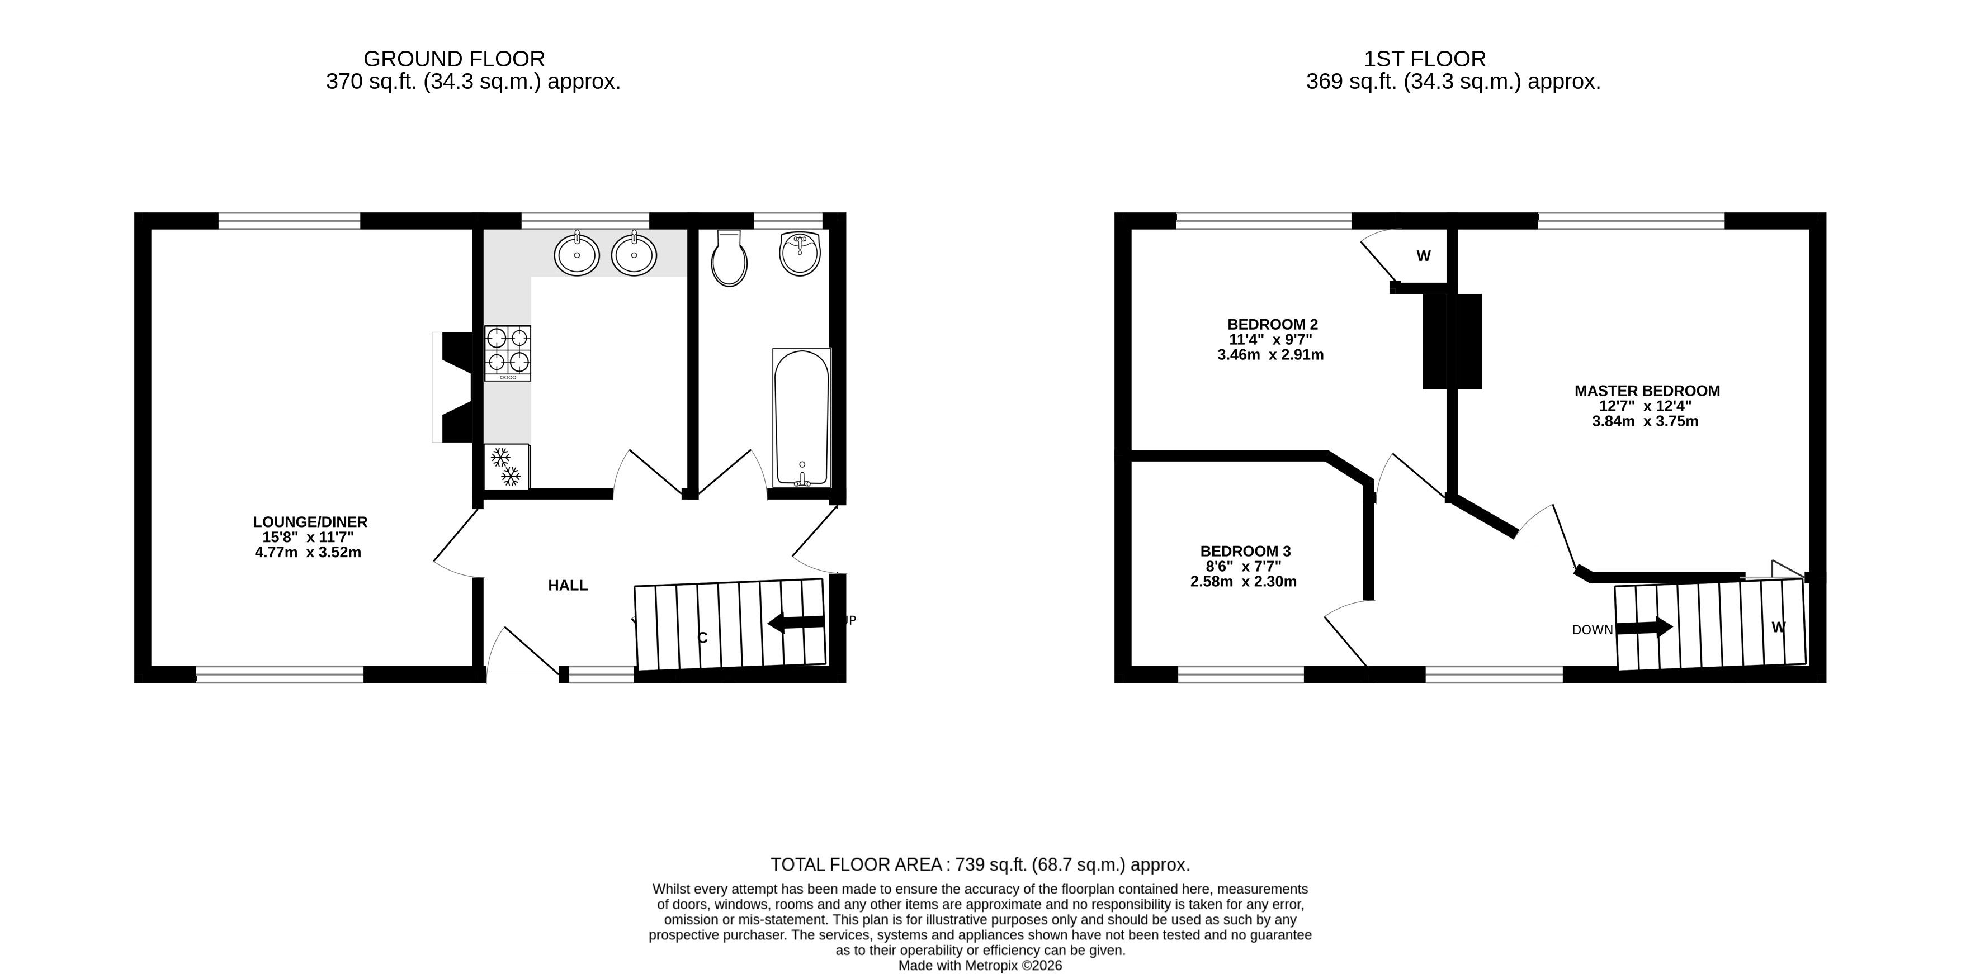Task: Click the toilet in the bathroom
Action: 729,259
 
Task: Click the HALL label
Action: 568,585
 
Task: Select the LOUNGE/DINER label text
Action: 310,522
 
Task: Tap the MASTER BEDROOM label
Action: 1647,391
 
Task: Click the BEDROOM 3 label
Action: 1245,551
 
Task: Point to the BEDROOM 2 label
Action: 1272,324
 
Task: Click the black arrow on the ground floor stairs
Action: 796,623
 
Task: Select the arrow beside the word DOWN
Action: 1645,628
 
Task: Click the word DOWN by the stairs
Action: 1593,630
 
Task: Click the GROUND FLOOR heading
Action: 455,59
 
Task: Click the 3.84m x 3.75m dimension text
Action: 1646,421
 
